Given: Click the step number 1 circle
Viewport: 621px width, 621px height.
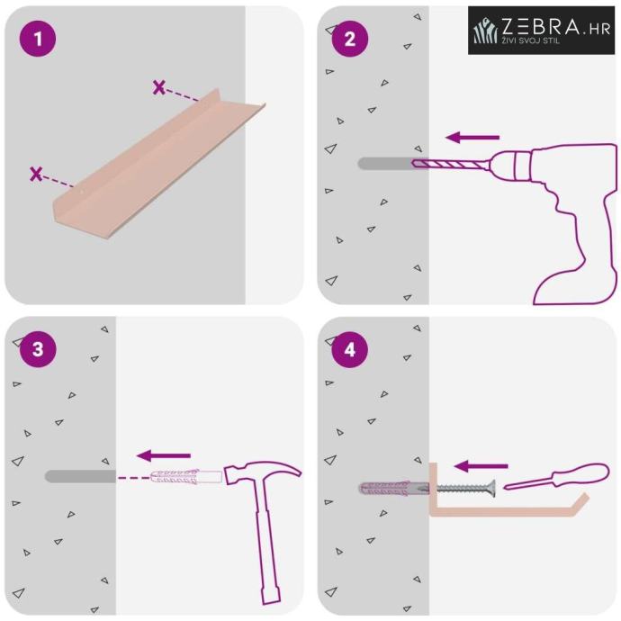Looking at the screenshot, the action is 38,39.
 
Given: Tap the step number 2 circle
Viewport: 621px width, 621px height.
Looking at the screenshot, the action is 350,39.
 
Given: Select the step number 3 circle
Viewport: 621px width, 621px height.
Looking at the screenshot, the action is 38,349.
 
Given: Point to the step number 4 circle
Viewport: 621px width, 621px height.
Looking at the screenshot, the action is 350,349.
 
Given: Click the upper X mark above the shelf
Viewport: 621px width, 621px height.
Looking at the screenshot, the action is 158,87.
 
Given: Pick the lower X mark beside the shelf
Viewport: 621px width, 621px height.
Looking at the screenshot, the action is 36,174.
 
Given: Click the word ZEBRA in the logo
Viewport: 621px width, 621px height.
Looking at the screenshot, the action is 540,26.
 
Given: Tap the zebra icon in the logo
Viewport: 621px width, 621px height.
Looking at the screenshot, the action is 486,31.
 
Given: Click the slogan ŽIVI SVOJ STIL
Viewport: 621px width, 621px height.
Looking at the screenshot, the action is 531,40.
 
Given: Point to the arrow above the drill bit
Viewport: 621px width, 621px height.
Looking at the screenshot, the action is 472,138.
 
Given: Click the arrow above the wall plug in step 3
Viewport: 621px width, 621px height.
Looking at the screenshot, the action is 164,455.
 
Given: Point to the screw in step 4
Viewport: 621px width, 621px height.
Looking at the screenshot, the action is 466,489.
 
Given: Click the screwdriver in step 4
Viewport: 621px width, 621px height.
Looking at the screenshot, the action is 556,476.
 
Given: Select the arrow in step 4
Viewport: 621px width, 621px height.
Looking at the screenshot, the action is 481,466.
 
